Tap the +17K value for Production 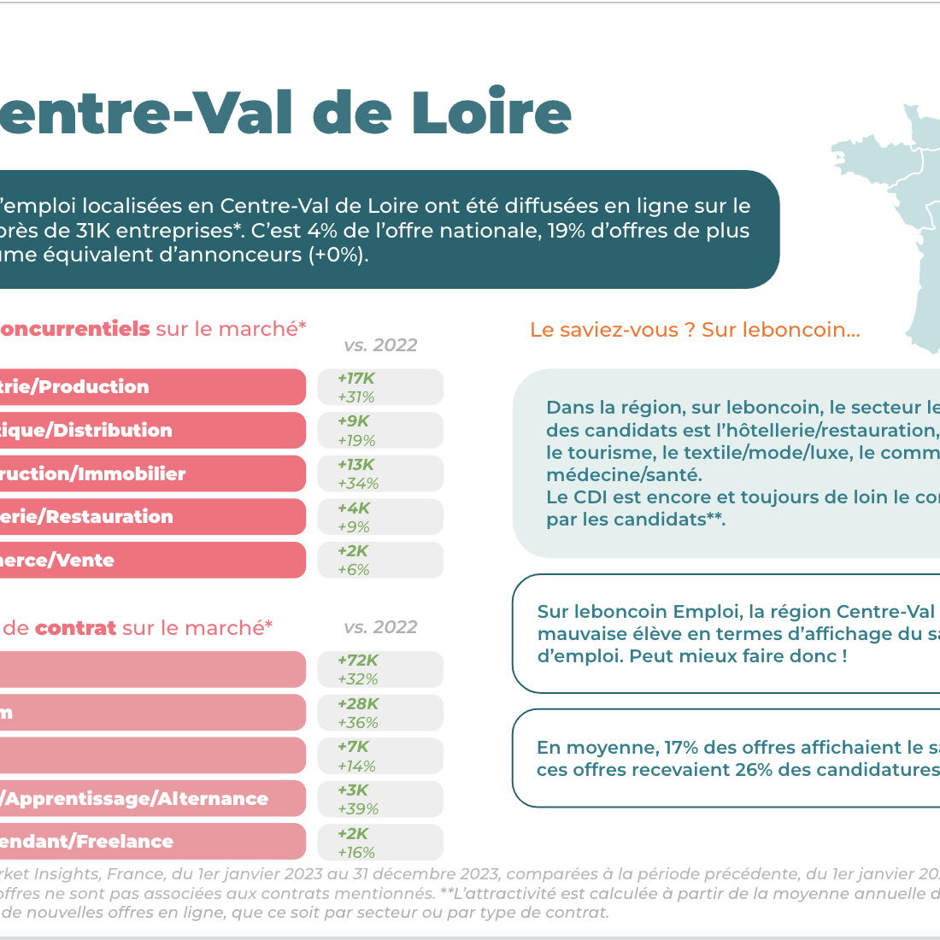click(x=356, y=379)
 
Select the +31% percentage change click(x=356, y=397)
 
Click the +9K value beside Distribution click(x=354, y=421)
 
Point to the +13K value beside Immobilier click(x=356, y=465)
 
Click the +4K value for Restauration click(x=354, y=508)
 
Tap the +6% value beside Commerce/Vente click(x=354, y=570)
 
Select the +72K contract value click(x=358, y=661)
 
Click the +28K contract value click(x=358, y=704)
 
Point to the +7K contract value click(x=354, y=747)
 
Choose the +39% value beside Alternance click(x=358, y=809)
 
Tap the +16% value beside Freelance click(x=356, y=853)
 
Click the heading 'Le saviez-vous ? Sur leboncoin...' click(x=695, y=330)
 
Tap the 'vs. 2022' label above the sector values click(x=380, y=345)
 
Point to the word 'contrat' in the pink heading click(x=75, y=628)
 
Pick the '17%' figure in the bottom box click(x=681, y=748)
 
